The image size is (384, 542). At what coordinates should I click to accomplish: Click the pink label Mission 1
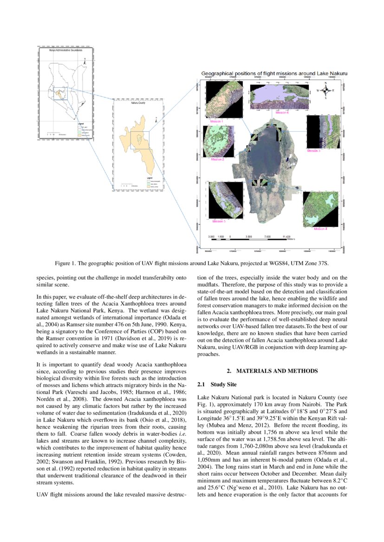[217, 121]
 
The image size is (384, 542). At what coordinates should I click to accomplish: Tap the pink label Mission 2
[218, 159]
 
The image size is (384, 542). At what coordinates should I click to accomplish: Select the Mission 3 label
[313, 151]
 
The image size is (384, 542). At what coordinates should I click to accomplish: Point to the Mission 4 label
[320, 229]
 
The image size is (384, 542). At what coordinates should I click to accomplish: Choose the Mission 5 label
[218, 221]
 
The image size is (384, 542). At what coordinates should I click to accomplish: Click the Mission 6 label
[281, 113]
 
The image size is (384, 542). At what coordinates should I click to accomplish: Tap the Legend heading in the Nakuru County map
[150, 178]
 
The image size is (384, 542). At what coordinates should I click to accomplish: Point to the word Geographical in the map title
[219, 74]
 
